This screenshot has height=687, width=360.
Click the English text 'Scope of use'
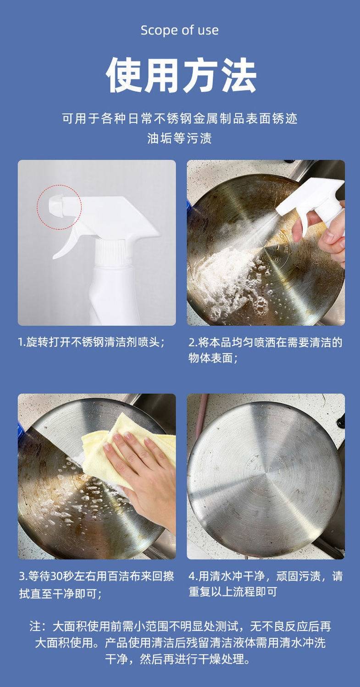pos(180,30)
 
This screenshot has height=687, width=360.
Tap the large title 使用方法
pos(181,75)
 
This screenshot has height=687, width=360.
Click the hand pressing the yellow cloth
pos(144,466)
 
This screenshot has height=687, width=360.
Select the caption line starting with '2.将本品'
pos(265,342)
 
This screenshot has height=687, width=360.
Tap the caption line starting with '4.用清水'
pos(265,576)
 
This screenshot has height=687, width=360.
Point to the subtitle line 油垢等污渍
pos(179,138)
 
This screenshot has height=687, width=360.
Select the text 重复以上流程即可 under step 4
pos(233,592)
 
